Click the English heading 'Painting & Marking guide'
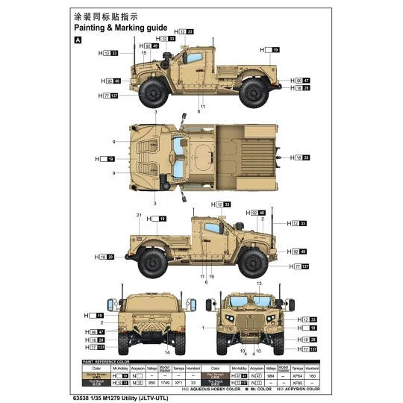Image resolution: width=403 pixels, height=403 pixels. pos(120,28)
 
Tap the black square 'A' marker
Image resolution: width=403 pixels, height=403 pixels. pos(78,40)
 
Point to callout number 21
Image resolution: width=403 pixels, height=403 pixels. pos(139,215)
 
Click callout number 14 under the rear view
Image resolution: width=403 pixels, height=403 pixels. pos(168,352)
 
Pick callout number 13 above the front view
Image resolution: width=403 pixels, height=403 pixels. pos(259,284)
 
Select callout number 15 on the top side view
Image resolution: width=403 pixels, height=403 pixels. pos(143,53)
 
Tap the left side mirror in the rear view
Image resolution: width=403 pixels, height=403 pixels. pos(111,304)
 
